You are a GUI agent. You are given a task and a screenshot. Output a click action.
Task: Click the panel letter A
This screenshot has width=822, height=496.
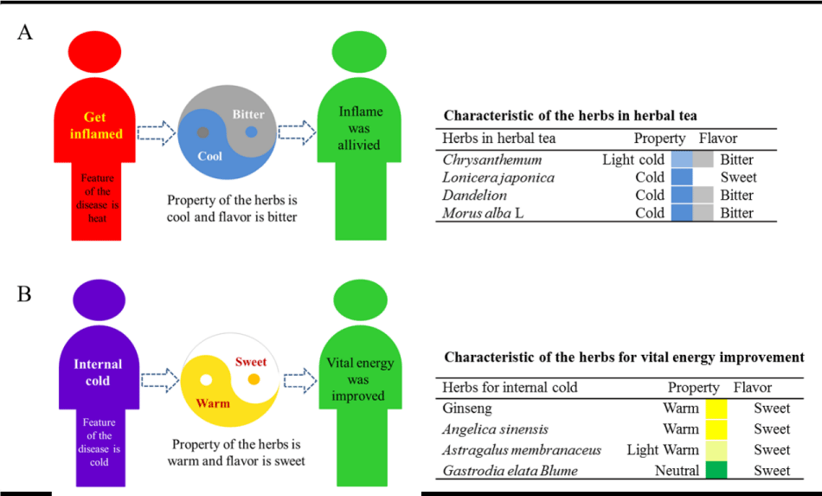25,33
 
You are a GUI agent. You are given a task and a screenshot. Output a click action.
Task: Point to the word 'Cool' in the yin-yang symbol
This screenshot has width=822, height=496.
209,156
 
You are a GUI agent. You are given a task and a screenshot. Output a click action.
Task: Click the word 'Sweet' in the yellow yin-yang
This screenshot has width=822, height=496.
252,362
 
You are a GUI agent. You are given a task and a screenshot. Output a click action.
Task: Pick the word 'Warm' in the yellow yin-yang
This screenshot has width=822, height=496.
212,403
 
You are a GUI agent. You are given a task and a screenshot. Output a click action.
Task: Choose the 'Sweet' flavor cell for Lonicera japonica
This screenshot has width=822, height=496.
738,177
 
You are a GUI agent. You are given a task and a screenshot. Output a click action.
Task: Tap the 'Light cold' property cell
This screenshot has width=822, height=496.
633,159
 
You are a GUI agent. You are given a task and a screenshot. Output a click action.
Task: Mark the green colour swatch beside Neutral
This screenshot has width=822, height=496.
716,470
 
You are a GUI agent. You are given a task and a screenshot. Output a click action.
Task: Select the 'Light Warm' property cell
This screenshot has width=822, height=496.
662,449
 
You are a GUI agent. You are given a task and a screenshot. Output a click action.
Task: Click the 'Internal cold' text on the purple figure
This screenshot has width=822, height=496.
98,372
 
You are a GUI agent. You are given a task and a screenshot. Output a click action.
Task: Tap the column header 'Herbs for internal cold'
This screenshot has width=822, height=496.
510,387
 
